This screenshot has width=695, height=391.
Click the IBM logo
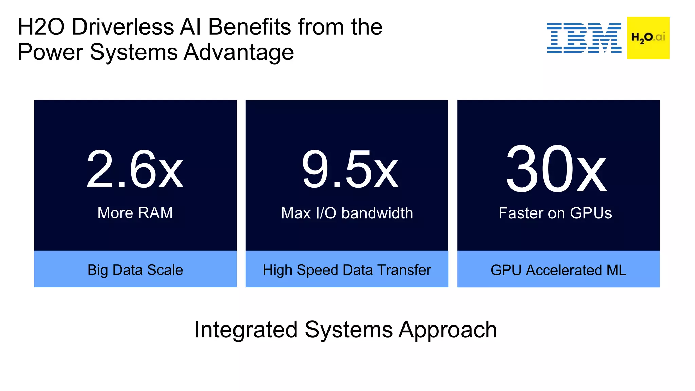point(584,38)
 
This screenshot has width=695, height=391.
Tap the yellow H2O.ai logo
point(648,38)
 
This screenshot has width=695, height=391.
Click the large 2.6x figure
point(135,170)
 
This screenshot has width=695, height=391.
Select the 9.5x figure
point(350,170)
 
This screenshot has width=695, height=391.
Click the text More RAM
point(135,213)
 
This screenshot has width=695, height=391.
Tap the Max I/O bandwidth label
point(347,213)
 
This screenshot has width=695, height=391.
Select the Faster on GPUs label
point(555,213)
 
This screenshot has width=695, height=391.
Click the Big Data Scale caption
point(135,270)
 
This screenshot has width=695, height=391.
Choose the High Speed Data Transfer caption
point(347,270)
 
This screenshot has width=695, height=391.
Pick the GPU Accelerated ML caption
point(558,270)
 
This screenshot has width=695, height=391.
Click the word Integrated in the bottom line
point(246,330)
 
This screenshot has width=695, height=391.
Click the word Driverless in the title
point(123,27)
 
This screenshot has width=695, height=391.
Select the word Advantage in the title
point(239,52)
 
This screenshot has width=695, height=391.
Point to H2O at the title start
point(41,27)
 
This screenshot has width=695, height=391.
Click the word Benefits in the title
point(249,27)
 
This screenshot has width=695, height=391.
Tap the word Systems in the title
point(134,52)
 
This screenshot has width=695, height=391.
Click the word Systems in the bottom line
point(349,330)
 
